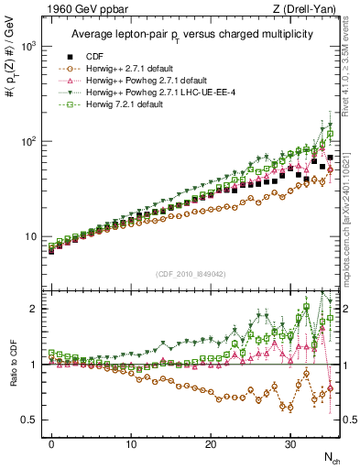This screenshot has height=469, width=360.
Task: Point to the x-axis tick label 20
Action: click(x=211, y=442)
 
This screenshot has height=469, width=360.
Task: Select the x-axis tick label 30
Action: click(x=290, y=442)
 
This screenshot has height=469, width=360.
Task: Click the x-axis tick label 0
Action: click(x=51, y=442)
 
